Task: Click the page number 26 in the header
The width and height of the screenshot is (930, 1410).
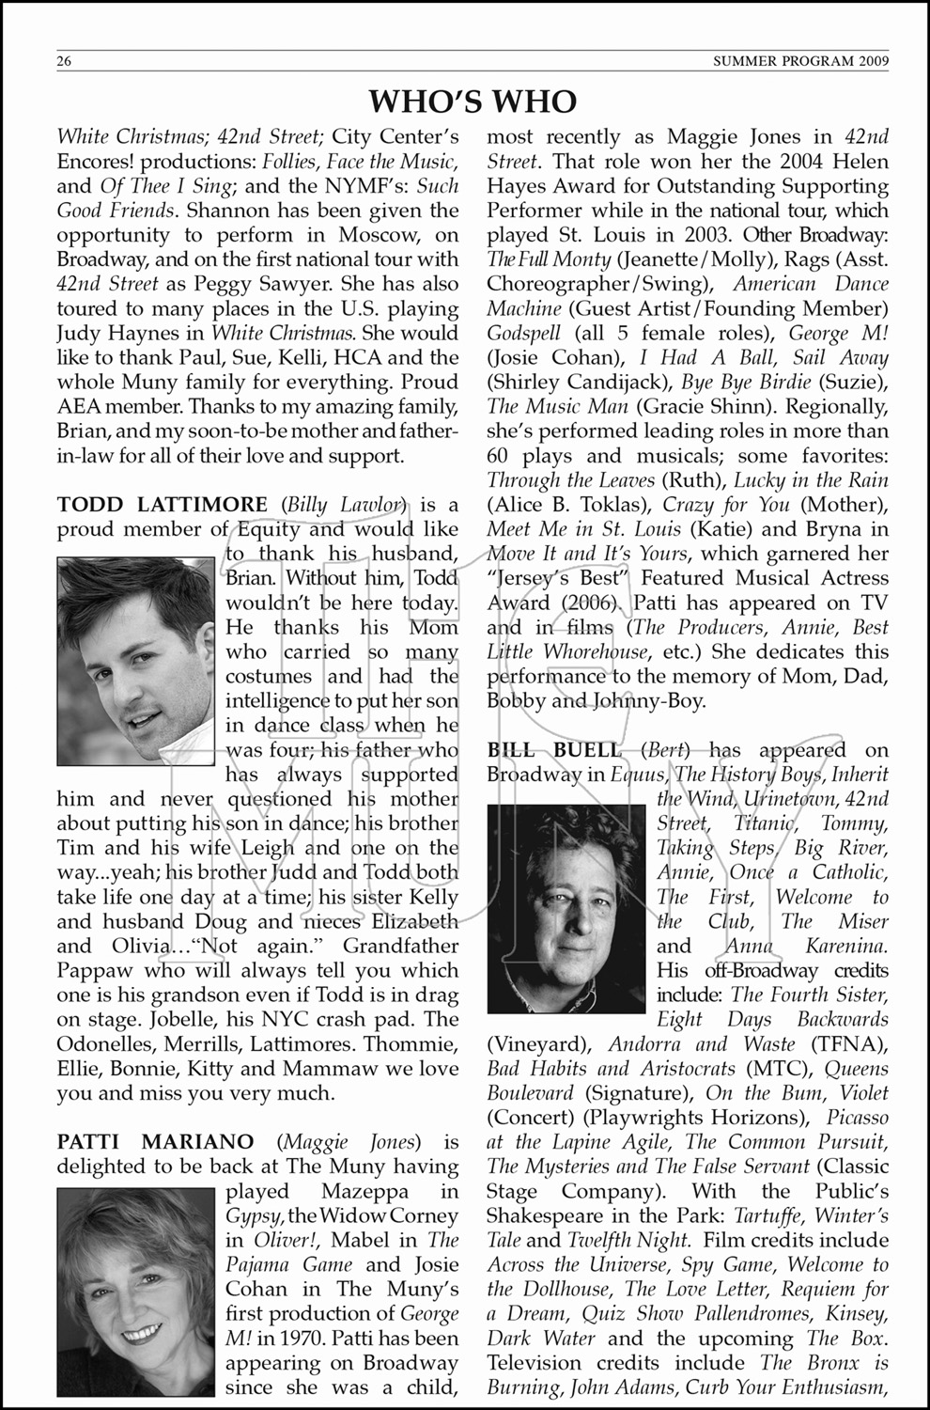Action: coord(65,63)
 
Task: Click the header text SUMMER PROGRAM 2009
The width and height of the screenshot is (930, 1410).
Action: coord(800,63)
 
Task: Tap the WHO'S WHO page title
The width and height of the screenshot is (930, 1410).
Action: coord(473,102)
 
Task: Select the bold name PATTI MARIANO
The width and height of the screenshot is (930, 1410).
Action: coord(155,1142)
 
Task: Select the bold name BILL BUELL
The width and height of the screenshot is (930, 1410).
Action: coord(553,750)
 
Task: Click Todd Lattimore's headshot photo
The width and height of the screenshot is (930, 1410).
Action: coord(135,661)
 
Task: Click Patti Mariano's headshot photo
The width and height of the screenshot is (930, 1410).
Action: coord(135,1292)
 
